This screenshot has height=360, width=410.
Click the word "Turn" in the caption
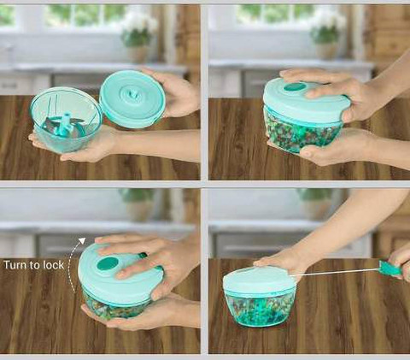coord(16,265)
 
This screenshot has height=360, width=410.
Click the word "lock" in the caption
coord(53,265)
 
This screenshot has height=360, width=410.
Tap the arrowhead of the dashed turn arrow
coord(82,241)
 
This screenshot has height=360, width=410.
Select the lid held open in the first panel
coord(132,99)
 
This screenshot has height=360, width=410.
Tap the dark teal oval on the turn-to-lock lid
coord(108,263)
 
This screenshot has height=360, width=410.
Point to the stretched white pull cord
coord(336,272)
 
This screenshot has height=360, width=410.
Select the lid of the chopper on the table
coord(259,280)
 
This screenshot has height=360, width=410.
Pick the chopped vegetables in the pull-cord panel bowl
coord(260,310)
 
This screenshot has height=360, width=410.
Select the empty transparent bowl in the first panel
coord(66,119)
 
